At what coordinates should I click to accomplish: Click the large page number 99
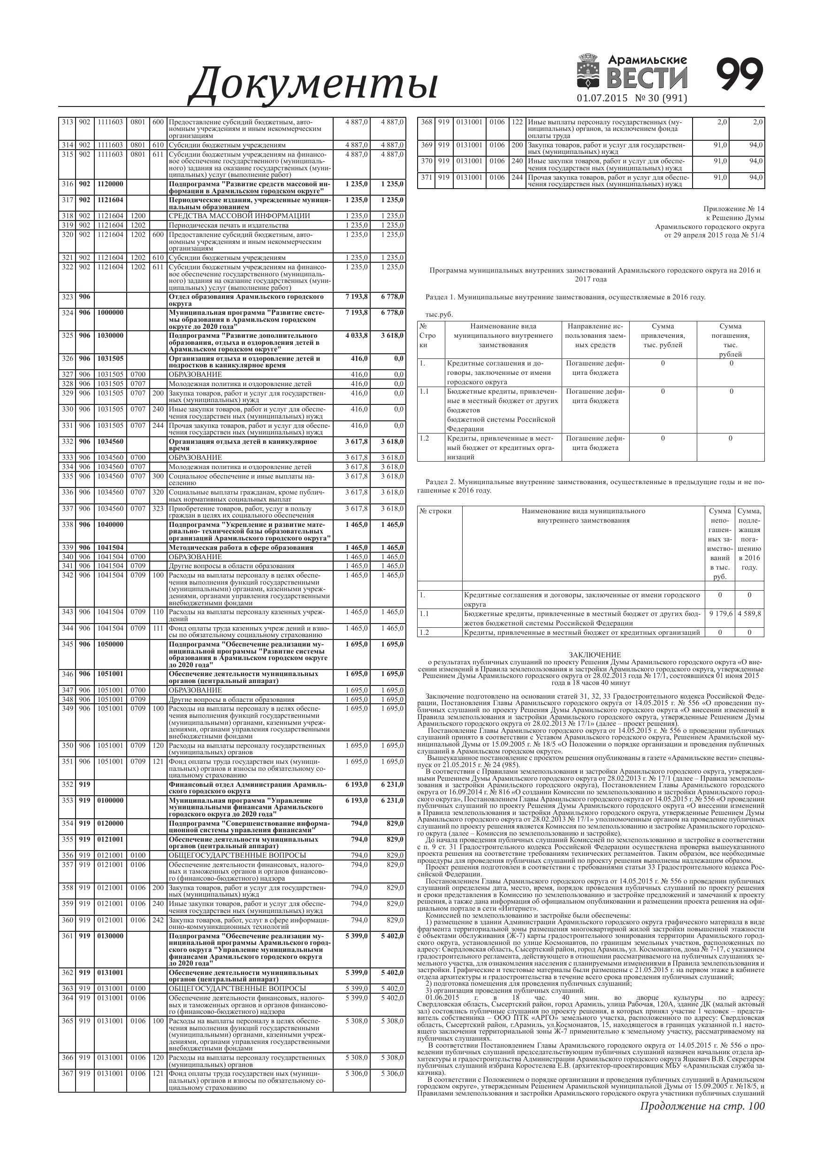pyautogui.click(x=739, y=75)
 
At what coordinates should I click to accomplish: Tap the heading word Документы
pyautogui.click(x=313, y=83)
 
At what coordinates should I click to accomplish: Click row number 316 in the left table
pyautogui.click(x=67, y=184)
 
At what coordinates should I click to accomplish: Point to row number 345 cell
pyautogui.click(x=67, y=644)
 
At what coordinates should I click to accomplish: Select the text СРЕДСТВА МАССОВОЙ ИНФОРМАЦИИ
pyautogui.click(x=239, y=216)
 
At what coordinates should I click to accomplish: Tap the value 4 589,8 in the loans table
pyautogui.click(x=749, y=613)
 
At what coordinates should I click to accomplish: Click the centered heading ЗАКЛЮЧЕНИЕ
pyautogui.click(x=594, y=655)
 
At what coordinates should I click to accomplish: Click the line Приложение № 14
pyautogui.click(x=733, y=209)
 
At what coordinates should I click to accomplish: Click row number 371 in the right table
pyautogui.click(x=427, y=177)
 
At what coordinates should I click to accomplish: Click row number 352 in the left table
pyautogui.click(x=67, y=784)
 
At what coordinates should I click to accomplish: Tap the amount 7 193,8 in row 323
pyautogui.click(x=357, y=297)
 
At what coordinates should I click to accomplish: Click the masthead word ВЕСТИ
pyautogui.click(x=647, y=78)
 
